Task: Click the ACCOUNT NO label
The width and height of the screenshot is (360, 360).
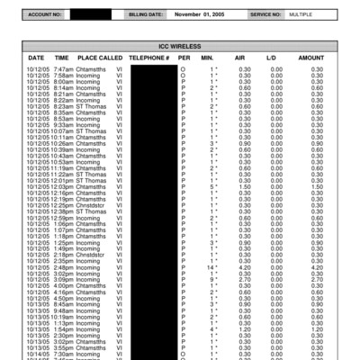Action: coord(44,15)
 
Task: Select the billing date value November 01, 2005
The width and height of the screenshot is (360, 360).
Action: coord(203,15)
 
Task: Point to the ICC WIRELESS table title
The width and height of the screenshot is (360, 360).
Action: coord(179,44)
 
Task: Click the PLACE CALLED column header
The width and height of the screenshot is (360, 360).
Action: coord(99,57)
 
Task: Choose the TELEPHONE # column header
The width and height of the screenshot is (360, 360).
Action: coord(149,57)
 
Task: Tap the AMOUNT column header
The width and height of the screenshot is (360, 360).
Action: coord(311,57)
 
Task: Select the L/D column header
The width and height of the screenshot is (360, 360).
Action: coord(271,57)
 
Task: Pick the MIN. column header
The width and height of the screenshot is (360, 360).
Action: coord(208,57)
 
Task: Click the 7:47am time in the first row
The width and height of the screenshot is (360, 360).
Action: coord(63,68)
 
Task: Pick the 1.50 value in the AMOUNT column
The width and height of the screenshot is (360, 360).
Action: coord(316,186)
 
